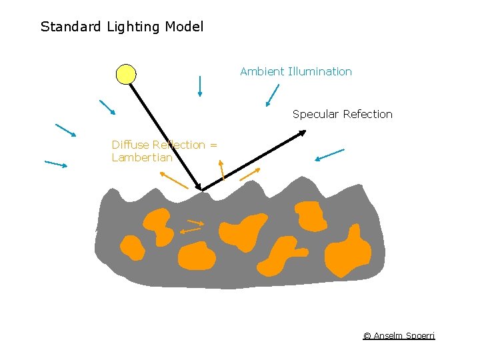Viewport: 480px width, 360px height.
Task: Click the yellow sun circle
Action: click(x=126, y=74)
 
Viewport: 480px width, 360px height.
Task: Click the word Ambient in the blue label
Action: click(x=261, y=71)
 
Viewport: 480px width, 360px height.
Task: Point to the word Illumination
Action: click(x=319, y=71)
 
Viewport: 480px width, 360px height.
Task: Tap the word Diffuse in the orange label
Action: click(x=129, y=145)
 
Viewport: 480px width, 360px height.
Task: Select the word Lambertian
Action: click(x=141, y=158)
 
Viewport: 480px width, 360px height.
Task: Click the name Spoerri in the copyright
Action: click(x=419, y=335)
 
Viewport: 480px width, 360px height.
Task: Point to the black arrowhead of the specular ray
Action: click(x=302, y=133)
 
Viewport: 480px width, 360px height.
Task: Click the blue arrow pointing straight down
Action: click(x=200, y=86)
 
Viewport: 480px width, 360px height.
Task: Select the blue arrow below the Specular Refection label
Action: click(x=329, y=155)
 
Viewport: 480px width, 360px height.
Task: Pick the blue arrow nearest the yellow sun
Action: click(x=107, y=107)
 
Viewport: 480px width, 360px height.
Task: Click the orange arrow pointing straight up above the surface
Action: click(x=222, y=169)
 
